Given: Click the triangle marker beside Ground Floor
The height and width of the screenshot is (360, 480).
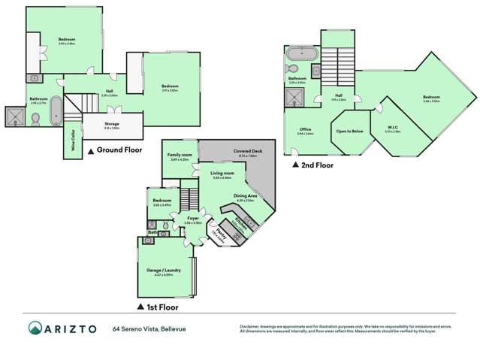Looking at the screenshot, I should tap(92, 150).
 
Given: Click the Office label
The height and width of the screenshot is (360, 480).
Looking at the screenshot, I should tap(305, 129).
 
